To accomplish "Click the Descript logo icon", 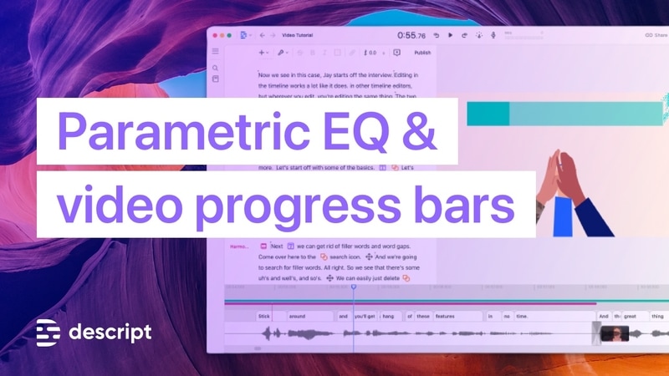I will [49, 332].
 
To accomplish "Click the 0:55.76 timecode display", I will [411, 35].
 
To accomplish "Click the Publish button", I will [422, 53].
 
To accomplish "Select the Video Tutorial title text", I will [299, 36].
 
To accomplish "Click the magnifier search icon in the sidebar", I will [215, 68].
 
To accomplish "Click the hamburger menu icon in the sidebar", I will [215, 52].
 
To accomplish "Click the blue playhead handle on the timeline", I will [353, 287].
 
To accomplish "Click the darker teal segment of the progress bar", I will [488, 114].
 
